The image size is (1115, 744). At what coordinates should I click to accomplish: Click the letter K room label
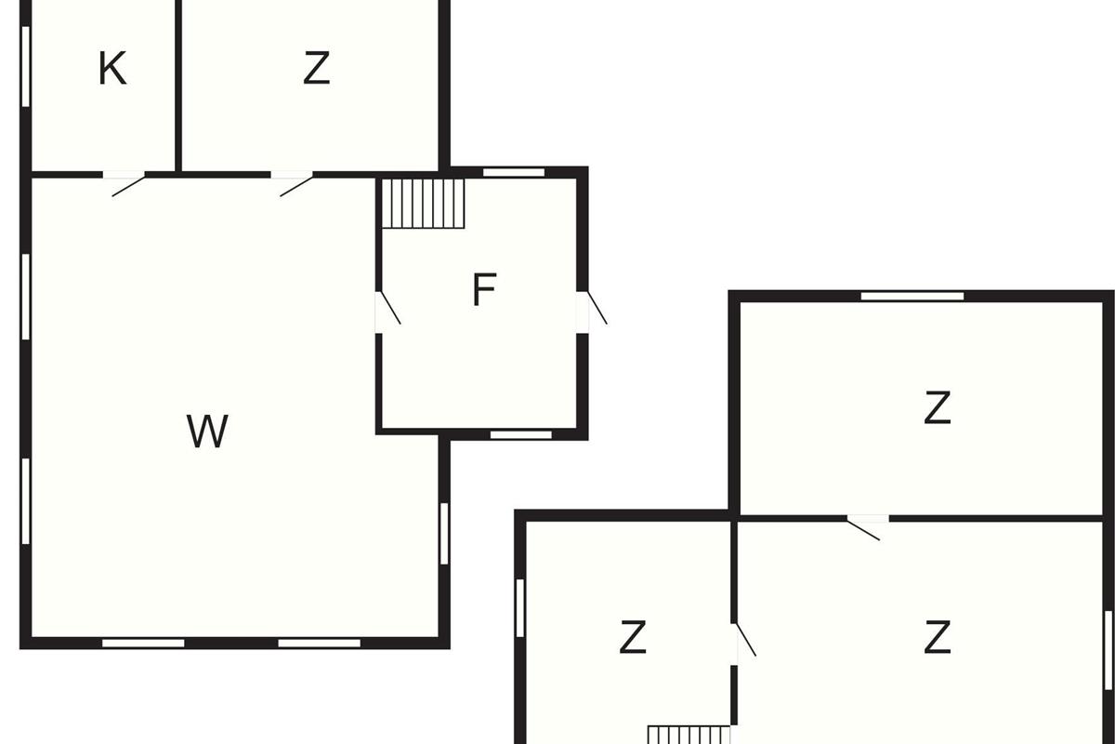(x=112, y=69)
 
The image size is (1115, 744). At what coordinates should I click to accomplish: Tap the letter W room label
(x=207, y=432)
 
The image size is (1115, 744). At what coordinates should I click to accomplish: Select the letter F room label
(x=483, y=291)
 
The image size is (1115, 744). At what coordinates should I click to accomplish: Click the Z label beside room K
(x=317, y=69)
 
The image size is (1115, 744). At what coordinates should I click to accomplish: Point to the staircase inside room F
(x=424, y=204)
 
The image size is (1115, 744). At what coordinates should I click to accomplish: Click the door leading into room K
(x=125, y=181)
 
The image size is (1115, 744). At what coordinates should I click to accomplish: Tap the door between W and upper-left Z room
(x=293, y=181)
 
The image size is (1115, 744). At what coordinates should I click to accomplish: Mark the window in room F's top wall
(x=514, y=172)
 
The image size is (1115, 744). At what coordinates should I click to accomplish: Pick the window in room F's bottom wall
(x=520, y=434)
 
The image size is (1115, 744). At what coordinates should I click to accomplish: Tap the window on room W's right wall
(x=444, y=533)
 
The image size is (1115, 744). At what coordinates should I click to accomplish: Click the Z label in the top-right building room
(x=938, y=407)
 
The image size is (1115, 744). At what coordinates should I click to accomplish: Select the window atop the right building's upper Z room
(x=912, y=297)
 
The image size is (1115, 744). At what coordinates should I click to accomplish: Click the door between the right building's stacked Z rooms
(x=867, y=525)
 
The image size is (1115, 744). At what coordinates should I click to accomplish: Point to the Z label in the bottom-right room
(x=938, y=638)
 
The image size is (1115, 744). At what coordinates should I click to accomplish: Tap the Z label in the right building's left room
(x=632, y=638)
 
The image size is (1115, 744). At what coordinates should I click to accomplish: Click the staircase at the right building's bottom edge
(x=689, y=735)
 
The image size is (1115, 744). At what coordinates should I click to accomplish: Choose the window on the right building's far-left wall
(x=520, y=608)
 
